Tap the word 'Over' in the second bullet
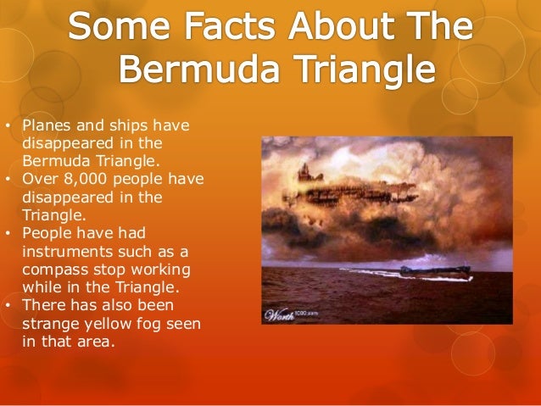coord(38,179)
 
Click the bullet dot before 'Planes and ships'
coord(8,128)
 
